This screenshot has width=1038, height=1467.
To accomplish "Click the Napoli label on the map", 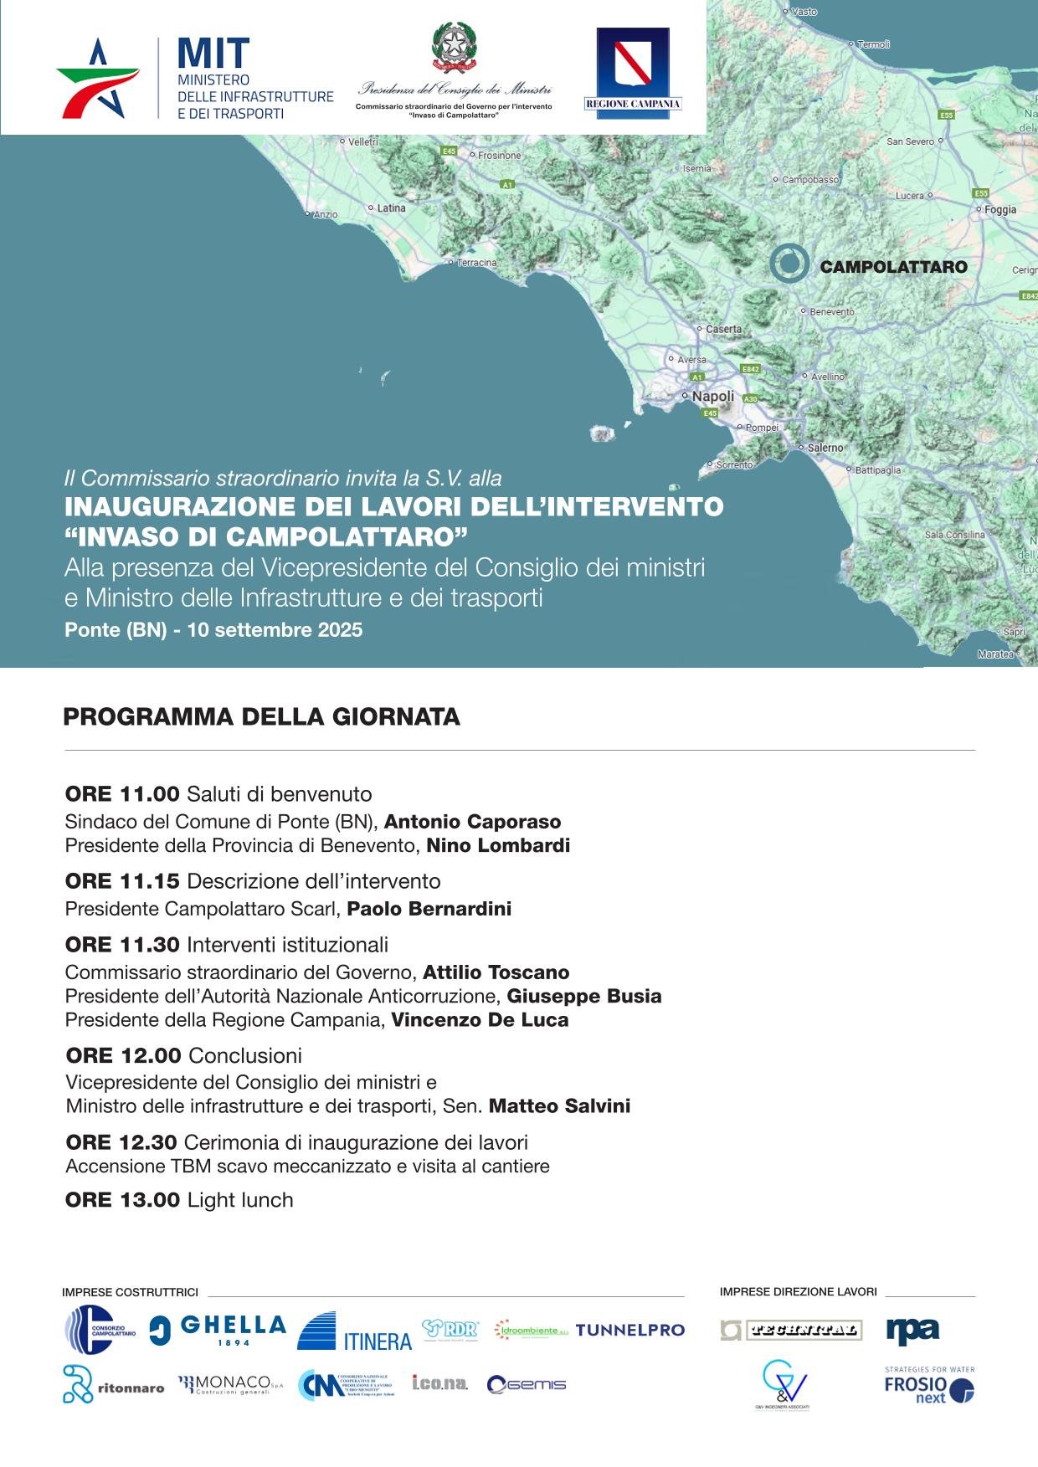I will [x=712, y=396].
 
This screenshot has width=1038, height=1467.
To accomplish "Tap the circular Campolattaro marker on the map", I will [x=789, y=264].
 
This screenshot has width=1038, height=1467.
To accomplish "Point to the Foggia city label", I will [x=1000, y=210].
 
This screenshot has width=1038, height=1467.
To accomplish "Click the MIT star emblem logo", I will [x=98, y=78].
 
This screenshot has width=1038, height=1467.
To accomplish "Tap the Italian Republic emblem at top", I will [x=454, y=48].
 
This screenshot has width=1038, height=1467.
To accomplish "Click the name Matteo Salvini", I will [x=559, y=1106].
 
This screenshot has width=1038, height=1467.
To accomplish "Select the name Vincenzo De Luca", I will [x=480, y=1020].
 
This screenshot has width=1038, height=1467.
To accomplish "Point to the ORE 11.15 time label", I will [x=122, y=881].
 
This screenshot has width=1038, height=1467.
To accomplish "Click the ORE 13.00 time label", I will [x=122, y=1200].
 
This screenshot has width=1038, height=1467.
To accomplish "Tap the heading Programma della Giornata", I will [x=262, y=717].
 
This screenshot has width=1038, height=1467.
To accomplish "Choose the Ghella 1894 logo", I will [x=218, y=1329].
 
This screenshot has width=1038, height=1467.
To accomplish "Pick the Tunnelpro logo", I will [x=629, y=1330].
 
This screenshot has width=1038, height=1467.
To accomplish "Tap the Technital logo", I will [x=790, y=1330].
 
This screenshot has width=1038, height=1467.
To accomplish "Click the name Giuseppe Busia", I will [x=584, y=997].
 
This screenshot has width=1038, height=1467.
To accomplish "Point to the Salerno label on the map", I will [x=825, y=448].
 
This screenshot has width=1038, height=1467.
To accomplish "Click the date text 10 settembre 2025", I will [x=275, y=630].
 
